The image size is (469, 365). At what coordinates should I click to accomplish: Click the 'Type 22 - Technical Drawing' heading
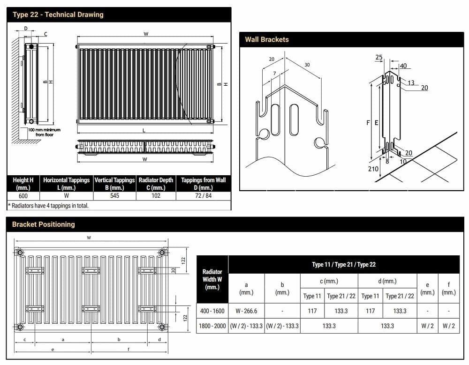click(x=58, y=15)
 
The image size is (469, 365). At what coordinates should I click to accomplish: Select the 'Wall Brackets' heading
click(x=267, y=39)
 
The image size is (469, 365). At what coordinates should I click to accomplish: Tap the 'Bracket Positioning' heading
click(x=43, y=224)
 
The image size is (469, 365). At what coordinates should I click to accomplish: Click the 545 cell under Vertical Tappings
click(x=114, y=196)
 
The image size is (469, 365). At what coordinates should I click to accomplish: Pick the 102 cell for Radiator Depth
click(x=156, y=196)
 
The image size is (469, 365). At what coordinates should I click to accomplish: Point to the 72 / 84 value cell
click(x=203, y=196)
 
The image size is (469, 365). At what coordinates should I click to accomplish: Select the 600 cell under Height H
click(x=23, y=196)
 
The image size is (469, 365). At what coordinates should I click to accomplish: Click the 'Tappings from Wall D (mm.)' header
click(x=203, y=183)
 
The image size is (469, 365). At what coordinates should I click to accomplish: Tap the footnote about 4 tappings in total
click(x=48, y=205)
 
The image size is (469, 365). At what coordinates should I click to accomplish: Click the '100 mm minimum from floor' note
click(x=44, y=132)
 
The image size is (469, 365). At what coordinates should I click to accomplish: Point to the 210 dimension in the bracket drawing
click(x=373, y=168)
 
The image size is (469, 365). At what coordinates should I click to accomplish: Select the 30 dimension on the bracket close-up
click(x=307, y=65)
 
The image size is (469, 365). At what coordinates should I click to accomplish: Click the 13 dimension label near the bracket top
click(x=411, y=83)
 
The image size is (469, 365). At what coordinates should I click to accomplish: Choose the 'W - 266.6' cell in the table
click(x=246, y=311)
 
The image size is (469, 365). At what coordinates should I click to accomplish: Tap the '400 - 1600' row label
click(x=212, y=311)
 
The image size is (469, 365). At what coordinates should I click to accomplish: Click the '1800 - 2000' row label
click(x=212, y=326)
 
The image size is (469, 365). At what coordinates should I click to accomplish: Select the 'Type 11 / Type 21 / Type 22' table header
click(x=343, y=264)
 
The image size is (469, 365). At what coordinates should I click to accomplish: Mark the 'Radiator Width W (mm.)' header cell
click(x=212, y=279)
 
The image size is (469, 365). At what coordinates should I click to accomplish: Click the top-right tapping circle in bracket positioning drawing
click(x=162, y=252)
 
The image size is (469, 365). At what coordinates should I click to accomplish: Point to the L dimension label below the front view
click(x=144, y=130)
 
